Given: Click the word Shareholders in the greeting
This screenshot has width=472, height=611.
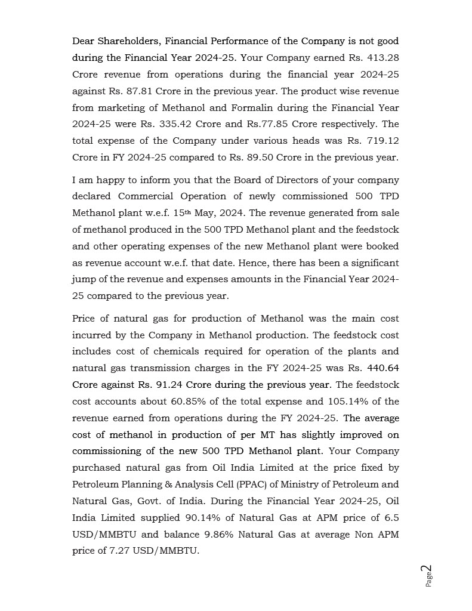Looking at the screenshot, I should [128, 41].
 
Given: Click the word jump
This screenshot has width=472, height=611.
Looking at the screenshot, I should [84, 279].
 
